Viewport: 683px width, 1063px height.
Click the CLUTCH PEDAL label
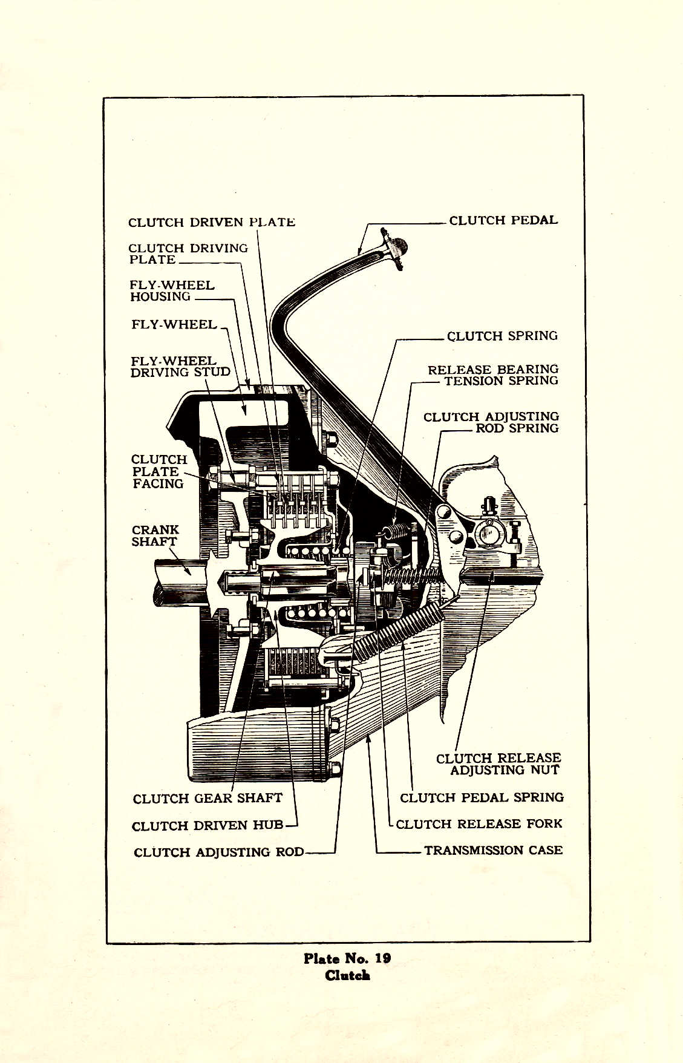click(x=503, y=220)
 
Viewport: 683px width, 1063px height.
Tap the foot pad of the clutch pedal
click(x=397, y=247)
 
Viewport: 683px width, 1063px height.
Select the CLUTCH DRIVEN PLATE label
click(x=212, y=222)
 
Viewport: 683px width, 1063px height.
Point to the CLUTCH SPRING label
click(x=502, y=336)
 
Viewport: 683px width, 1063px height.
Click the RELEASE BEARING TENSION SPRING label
click(x=493, y=375)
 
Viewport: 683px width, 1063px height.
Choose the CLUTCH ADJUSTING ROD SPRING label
click(x=491, y=422)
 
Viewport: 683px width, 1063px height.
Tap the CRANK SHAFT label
click(x=155, y=535)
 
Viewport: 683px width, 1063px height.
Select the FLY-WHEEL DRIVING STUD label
click(x=180, y=367)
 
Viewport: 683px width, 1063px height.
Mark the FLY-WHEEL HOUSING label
click(x=172, y=290)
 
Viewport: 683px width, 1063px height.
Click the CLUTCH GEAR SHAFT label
click(x=208, y=798)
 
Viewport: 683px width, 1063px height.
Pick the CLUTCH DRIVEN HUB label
click(x=208, y=826)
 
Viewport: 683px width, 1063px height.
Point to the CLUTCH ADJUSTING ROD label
click(x=219, y=852)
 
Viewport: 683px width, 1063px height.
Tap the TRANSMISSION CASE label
click(x=493, y=850)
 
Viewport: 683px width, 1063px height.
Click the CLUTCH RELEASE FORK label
click(x=479, y=823)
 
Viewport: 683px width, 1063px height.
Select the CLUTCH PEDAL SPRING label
click(x=482, y=797)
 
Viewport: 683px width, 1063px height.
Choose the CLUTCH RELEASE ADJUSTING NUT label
click(x=499, y=764)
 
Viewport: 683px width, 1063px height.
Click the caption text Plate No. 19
click(x=347, y=958)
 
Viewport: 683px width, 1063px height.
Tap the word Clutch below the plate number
click(x=347, y=975)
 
